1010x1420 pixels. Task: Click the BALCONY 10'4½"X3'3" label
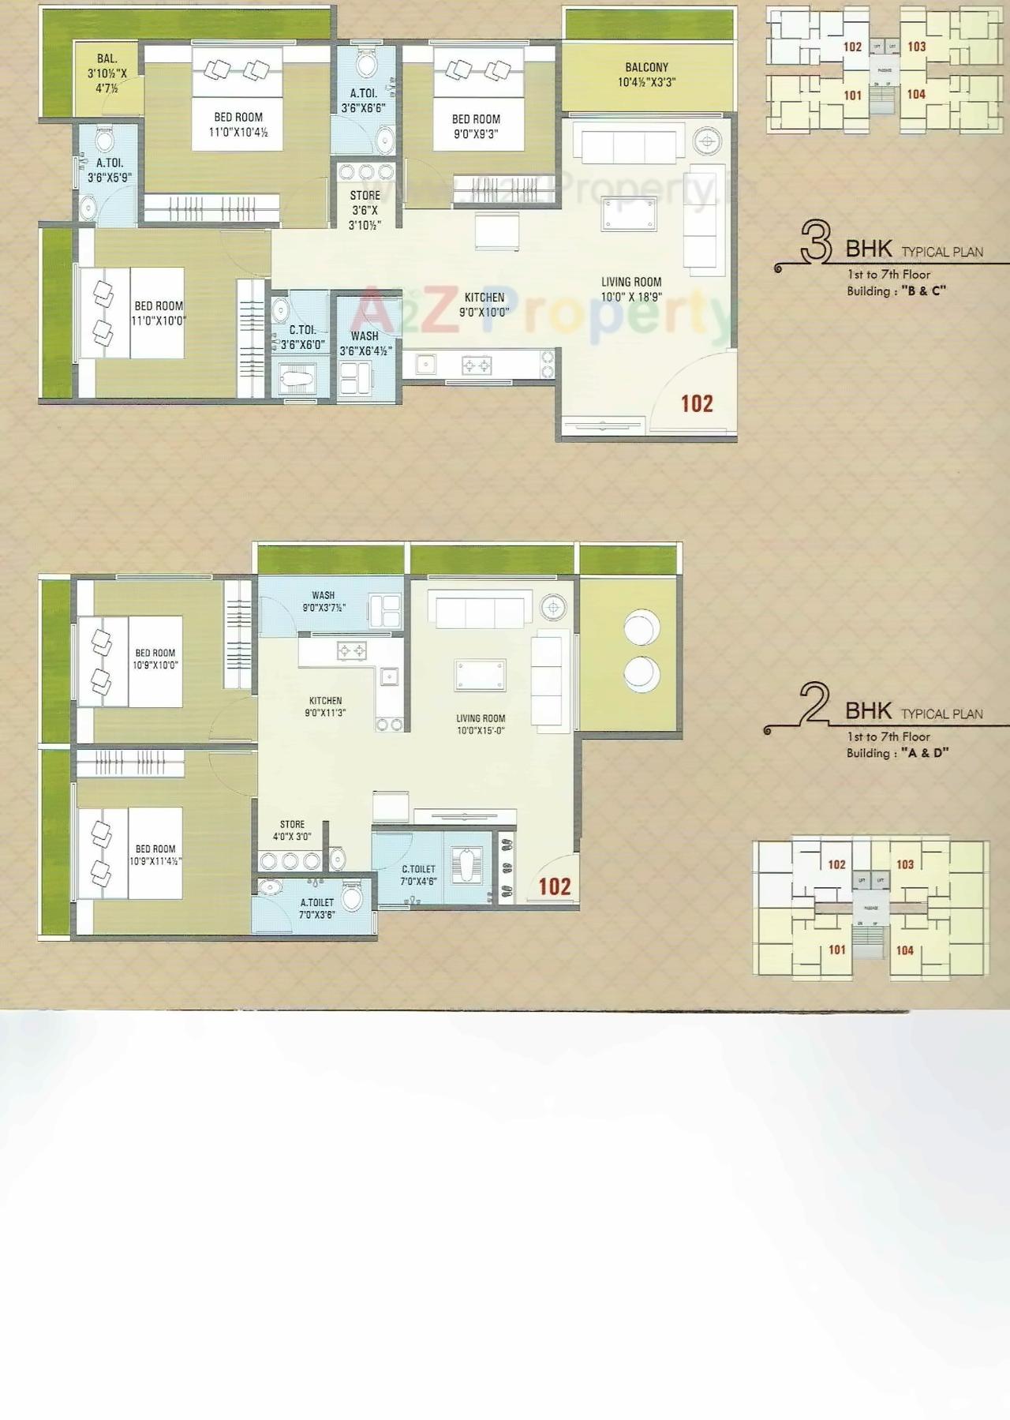pyautogui.click(x=646, y=75)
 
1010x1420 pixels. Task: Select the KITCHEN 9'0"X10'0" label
pyautogui.click(x=484, y=305)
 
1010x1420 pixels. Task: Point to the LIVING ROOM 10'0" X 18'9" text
pyautogui.click(x=631, y=289)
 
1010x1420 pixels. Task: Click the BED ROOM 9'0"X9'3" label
pyautogui.click(x=476, y=126)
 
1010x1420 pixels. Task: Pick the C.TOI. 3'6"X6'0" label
pyautogui.click(x=302, y=337)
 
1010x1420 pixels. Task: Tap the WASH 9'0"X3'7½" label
pyautogui.click(x=324, y=601)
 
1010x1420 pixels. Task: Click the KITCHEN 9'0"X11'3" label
pyautogui.click(x=325, y=706)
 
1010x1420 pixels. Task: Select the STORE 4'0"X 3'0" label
pyautogui.click(x=292, y=830)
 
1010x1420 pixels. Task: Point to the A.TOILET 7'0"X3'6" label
pyautogui.click(x=316, y=909)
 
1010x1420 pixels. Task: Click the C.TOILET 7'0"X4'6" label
pyautogui.click(x=418, y=875)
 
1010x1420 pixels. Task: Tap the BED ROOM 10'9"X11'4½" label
pyautogui.click(x=155, y=855)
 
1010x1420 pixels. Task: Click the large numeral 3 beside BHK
pyautogui.click(x=816, y=242)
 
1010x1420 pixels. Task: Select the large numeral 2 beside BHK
pyautogui.click(x=813, y=704)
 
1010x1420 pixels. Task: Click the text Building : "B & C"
pyautogui.click(x=896, y=290)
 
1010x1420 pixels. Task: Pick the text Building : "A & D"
pyautogui.click(x=897, y=753)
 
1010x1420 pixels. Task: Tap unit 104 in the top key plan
pyautogui.click(x=916, y=94)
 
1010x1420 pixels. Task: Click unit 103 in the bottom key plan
pyautogui.click(x=905, y=864)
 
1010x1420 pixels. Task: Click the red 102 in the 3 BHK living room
pyautogui.click(x=697, y=404)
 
